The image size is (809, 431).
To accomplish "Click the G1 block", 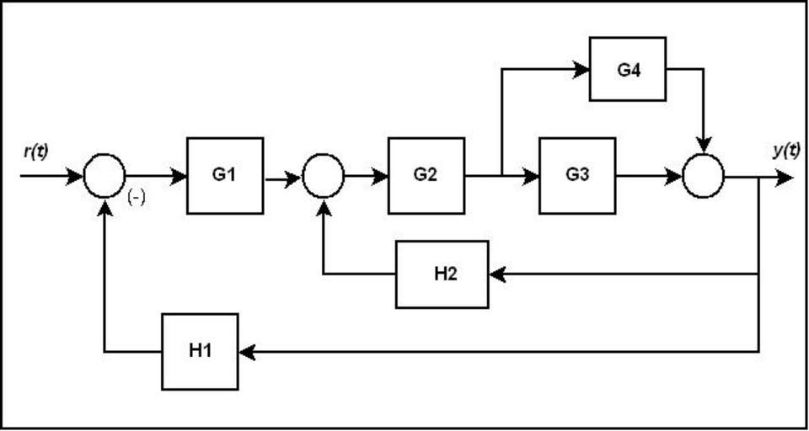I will (x=225, y=176).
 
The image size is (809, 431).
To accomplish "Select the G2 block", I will (x=426, y=176).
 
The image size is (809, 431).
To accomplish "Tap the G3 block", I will (x=577, y=176).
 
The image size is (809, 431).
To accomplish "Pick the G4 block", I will (x=628, y=69).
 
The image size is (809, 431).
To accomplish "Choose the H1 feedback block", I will (x=200, y=351).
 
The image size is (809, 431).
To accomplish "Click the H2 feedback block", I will (x=442, y=274).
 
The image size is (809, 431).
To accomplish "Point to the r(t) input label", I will (x=35, y=152).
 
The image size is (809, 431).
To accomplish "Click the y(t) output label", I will (x=785, y=151).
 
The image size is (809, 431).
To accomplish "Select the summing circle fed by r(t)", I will (x=104, y=176).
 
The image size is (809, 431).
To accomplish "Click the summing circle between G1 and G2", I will (x=323, y=176).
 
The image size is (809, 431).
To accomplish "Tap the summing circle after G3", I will (x=703, y=176).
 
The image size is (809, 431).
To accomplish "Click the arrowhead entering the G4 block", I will (x=581, y=69).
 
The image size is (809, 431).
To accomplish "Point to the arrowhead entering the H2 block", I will (x=497, y=274).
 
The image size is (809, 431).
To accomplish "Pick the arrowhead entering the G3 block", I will (x=531, y=176).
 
